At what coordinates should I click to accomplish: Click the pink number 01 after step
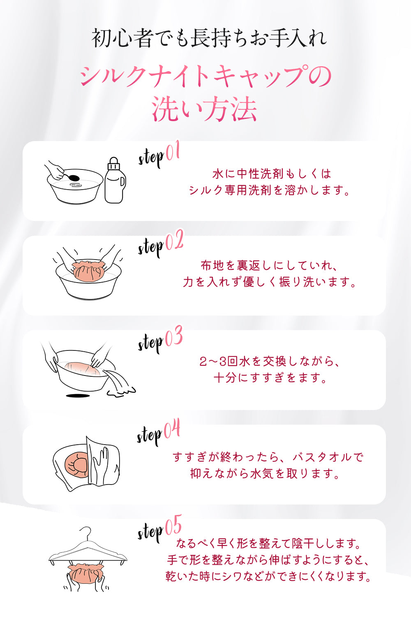pos(173,151)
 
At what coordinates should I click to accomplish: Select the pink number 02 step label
pos(174,240)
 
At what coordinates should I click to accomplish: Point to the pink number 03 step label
pos(174,336)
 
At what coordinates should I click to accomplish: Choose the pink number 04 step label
pos(172,429)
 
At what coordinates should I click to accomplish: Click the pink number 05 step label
pos(173,525)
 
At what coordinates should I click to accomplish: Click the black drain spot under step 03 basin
pos(78,396)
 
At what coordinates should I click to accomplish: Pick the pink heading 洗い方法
pos(205,109)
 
